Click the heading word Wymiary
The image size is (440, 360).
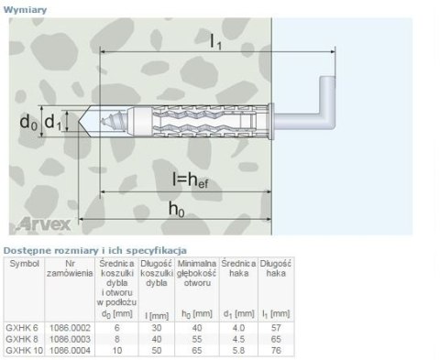pyautogui.click(x=27, y=8)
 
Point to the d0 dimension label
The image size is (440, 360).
pyautogui.click(x=30, y=121)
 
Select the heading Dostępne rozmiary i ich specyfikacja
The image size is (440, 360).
pyautogui.click(x=95, y=248)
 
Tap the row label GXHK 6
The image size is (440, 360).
pyautogui.click(x=20, y=328)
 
